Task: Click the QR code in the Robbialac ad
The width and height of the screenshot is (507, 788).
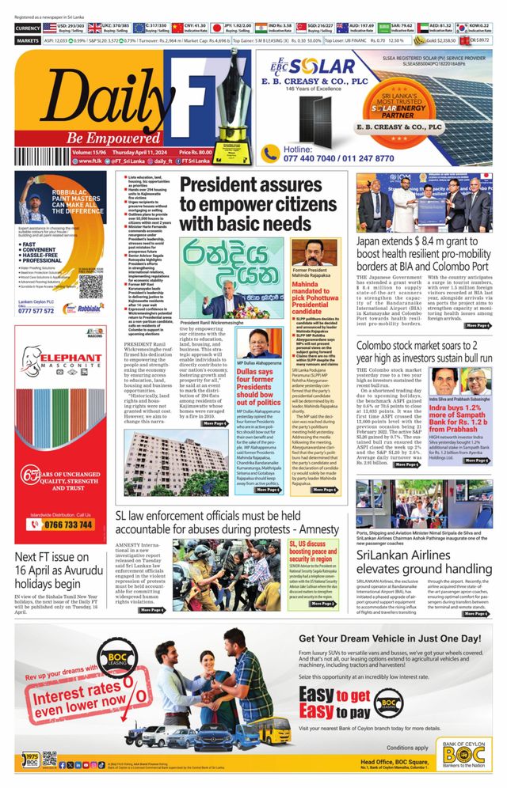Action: tap(90, 285)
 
